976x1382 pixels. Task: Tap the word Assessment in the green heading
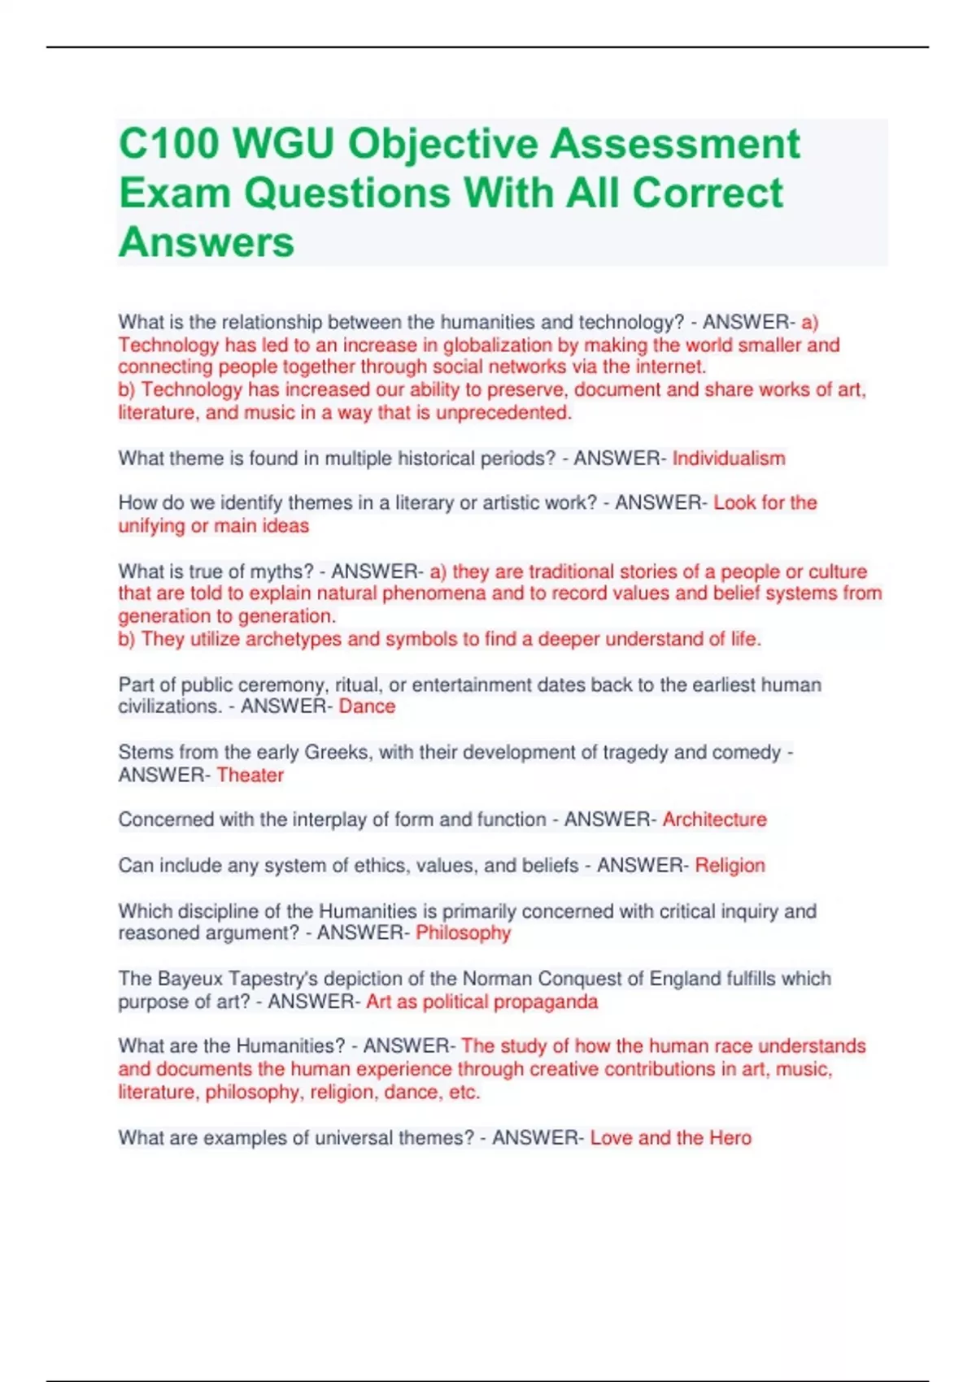[x=675, y=145]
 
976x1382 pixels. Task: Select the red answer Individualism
[x=729, y=458]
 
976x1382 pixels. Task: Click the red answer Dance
[x=367, y=706]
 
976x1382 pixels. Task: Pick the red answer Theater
[x=250, y=775]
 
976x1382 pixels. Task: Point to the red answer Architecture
[x=714, y=819]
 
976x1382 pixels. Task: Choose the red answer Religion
[x=730, y=866]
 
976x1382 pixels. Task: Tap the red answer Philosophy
[x=463, y=933]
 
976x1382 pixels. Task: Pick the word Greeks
[x=338, y=752]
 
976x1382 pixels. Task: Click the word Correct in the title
[x=707, y=193]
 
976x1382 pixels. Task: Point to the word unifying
[x=152, y=526]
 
